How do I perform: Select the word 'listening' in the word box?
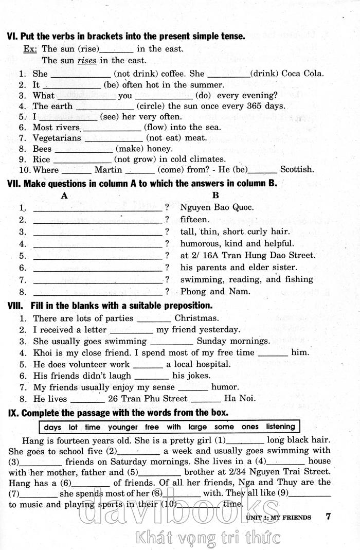coord(281,427)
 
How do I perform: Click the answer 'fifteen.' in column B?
coord(195,220)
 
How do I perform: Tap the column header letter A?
coord(64,196)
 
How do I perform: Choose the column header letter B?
coord(215,196)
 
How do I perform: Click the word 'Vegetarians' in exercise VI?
coord(57,138)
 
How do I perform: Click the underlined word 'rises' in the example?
coord(87,60)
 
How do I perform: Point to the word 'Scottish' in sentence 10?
coord(297,169)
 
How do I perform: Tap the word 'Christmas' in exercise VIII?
coord(196,318)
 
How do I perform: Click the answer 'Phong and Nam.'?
coord(208,292)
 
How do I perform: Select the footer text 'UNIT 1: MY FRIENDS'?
coord(278,517)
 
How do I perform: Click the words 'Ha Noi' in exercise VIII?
coord(240,398)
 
